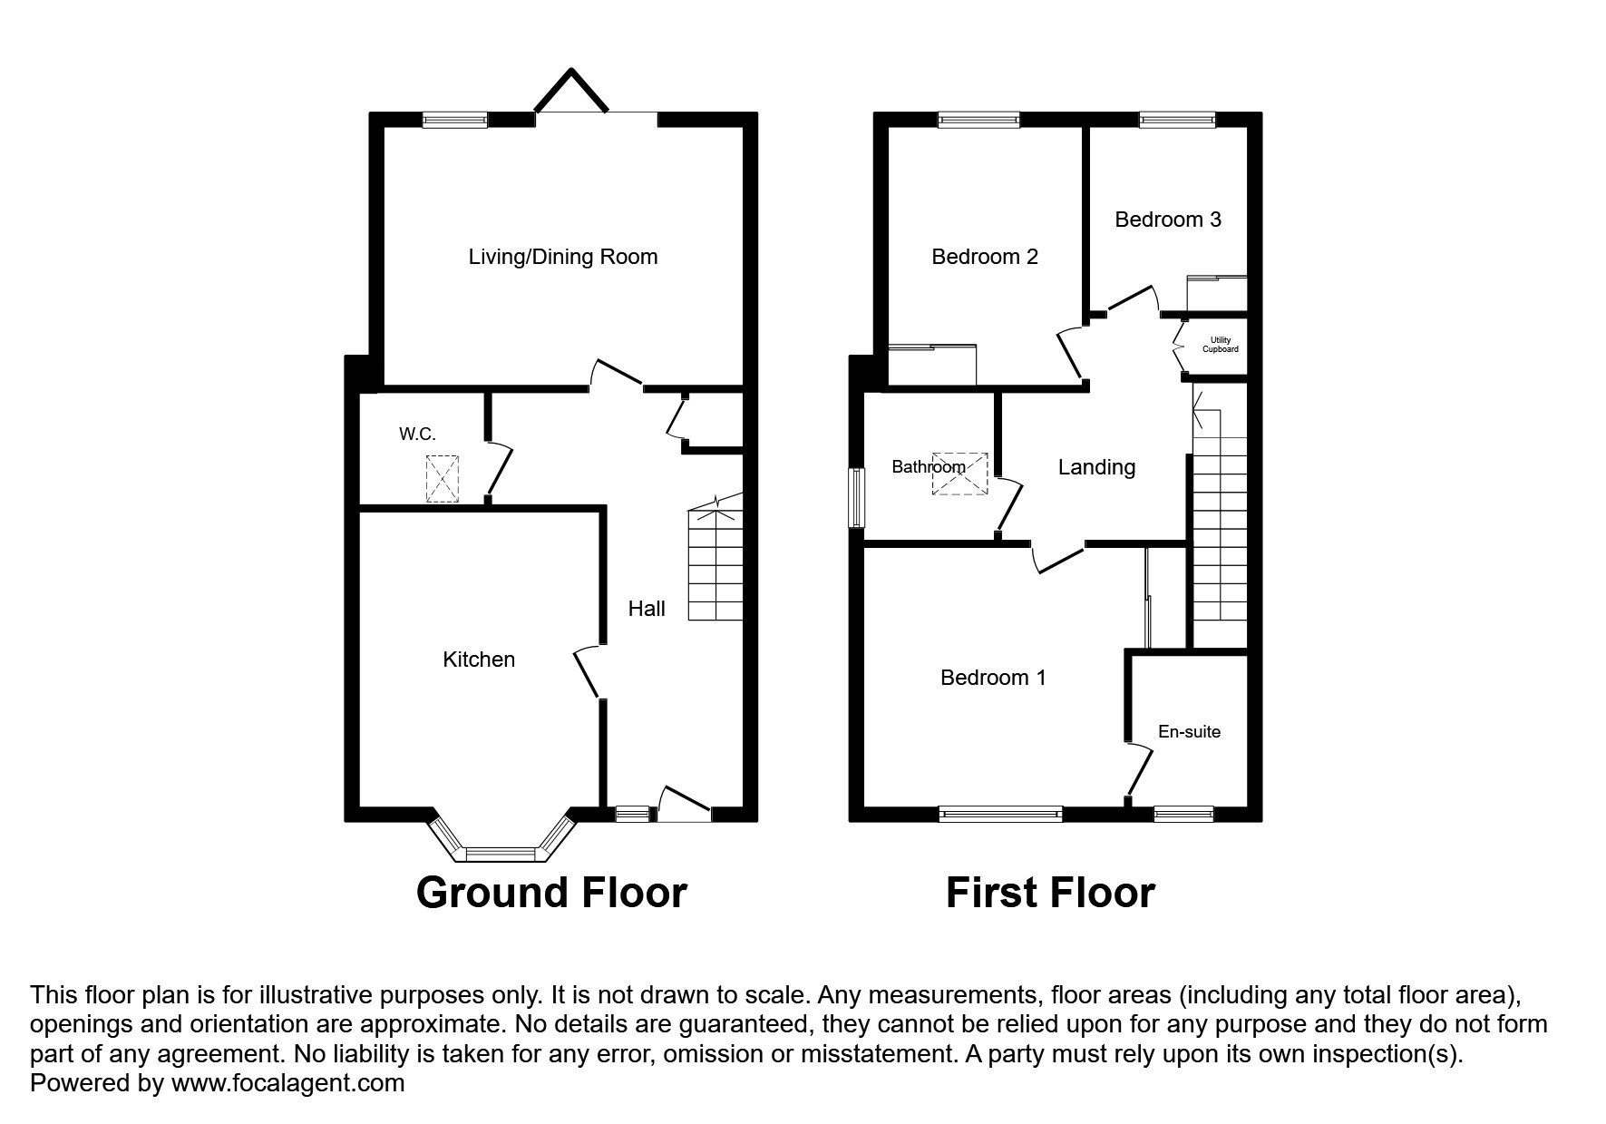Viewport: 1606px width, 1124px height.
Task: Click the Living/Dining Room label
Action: tap(562, 257)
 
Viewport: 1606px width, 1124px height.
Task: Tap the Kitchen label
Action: tap(479, 660)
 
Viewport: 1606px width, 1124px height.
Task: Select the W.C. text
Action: tap(417, 435)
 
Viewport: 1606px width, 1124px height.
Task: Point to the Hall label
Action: tap(647, 609)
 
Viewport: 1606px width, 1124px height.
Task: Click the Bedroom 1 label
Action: tap(993, 678)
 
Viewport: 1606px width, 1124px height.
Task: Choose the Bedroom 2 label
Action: tap(985, 257)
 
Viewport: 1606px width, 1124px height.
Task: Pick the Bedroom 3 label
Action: tap(1168, 220)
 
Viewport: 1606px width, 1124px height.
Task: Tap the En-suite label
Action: tap(1189, 732)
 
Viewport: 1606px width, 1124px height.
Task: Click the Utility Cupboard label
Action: tap(1220, 345)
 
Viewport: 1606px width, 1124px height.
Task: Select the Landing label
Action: tap(1096, 467)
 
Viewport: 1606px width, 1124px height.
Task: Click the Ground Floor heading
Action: tap(551, 893)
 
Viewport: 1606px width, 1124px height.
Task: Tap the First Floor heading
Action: tap(1050, 893)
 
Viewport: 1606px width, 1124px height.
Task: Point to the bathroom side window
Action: tap(855, 497)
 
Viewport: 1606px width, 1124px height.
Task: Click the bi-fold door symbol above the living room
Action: tap(571, 91)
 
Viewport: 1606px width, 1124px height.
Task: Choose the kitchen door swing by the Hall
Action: tap(586, 673)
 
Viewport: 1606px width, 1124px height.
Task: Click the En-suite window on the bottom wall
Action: tap(1183, 814)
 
